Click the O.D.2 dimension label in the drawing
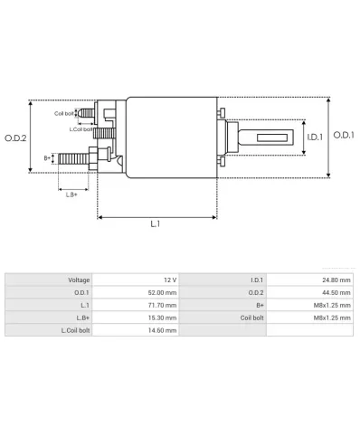[15, 138]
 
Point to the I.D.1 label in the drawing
[314, 138]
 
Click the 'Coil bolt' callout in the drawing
[64, 113]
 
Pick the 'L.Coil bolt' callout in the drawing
[82, 128]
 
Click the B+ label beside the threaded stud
[48, 158]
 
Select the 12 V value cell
[168, 280]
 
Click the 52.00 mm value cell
[161, 293]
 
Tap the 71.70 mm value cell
[161, 306]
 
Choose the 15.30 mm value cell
[161, 318]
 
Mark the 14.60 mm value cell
[161, 331]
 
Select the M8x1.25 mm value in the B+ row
[333, 306]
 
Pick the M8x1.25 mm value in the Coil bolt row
[333, 318]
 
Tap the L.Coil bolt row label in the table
[75, 331]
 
